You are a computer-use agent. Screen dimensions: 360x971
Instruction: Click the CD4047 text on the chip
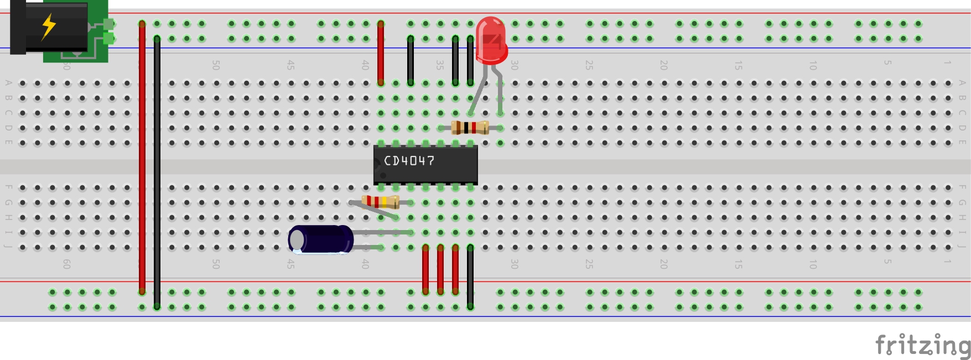tap(409, 161)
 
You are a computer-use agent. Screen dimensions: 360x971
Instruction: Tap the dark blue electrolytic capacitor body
tap(321, 239)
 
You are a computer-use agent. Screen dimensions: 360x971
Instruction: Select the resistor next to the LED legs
tap(470, 128)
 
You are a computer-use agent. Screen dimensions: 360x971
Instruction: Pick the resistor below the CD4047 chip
tap(380, 202)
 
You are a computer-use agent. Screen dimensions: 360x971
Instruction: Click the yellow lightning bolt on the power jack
tap(49, 26)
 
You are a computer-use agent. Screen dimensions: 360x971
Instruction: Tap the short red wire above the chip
tap(381, 53)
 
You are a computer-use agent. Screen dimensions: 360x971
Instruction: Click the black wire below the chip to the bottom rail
tap(470, 276)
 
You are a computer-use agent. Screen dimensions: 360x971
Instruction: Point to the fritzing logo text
tap(922, 345)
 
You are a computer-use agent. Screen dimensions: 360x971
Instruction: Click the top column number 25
tap(589, 65)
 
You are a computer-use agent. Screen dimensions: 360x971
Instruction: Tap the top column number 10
tap(813, 65)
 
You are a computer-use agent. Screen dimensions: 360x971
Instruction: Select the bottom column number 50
tap(216, 264)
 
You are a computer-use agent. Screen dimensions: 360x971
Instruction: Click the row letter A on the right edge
tap(962, 83)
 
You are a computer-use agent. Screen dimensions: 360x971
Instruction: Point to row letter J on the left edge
tap(8, 246)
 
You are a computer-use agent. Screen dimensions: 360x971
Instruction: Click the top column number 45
tap(290, 65)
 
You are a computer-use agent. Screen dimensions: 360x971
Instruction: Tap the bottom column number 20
tap(663, 264)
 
